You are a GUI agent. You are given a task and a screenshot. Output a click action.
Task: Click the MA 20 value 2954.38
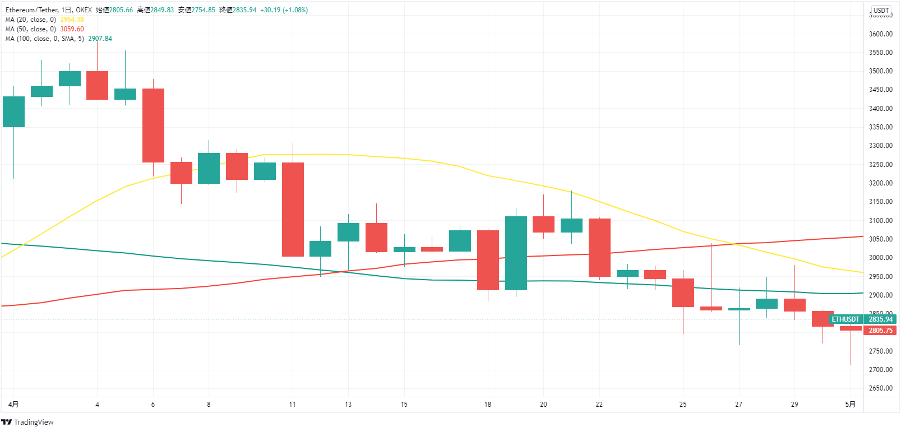tap(72, 20)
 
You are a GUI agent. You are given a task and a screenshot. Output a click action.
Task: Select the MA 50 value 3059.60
tap(72, 29)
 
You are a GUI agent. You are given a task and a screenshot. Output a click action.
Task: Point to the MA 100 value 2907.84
tap(100, 39)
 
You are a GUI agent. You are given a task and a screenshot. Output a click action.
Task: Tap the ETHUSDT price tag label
tap(845, 319)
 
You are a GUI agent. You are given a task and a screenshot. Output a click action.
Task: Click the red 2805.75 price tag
tap(880, 331)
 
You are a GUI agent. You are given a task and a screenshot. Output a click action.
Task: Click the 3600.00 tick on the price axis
tap(880, 34)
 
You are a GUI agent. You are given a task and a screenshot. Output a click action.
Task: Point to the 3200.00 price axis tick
tap(880, 183)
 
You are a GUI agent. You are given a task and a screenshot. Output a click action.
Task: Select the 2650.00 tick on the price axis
tap(880, 388)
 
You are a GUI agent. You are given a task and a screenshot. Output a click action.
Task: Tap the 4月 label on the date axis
tap(13, 405)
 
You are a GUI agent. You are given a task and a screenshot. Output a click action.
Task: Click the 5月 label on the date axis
tap(851, 405)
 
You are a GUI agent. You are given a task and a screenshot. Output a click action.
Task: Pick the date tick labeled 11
tap(293, 405)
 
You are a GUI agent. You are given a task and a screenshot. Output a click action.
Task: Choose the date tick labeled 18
tap(488, 405)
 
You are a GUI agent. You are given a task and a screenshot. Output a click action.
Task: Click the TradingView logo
tap(27, 422)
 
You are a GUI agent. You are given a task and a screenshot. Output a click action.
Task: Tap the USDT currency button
tap(881, 10)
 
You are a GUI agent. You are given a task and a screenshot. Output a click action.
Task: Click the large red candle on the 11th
tap(293, 209)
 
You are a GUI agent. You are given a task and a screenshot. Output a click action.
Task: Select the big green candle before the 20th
tap(516, 253)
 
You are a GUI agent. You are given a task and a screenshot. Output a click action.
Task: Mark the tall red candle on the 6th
tap(153, 125)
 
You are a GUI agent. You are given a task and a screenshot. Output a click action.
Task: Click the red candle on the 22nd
tap(599, 247)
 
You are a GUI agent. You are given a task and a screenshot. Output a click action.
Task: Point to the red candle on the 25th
tap(683, 292)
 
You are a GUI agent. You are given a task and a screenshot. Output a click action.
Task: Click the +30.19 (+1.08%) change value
tap(284, 10)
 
